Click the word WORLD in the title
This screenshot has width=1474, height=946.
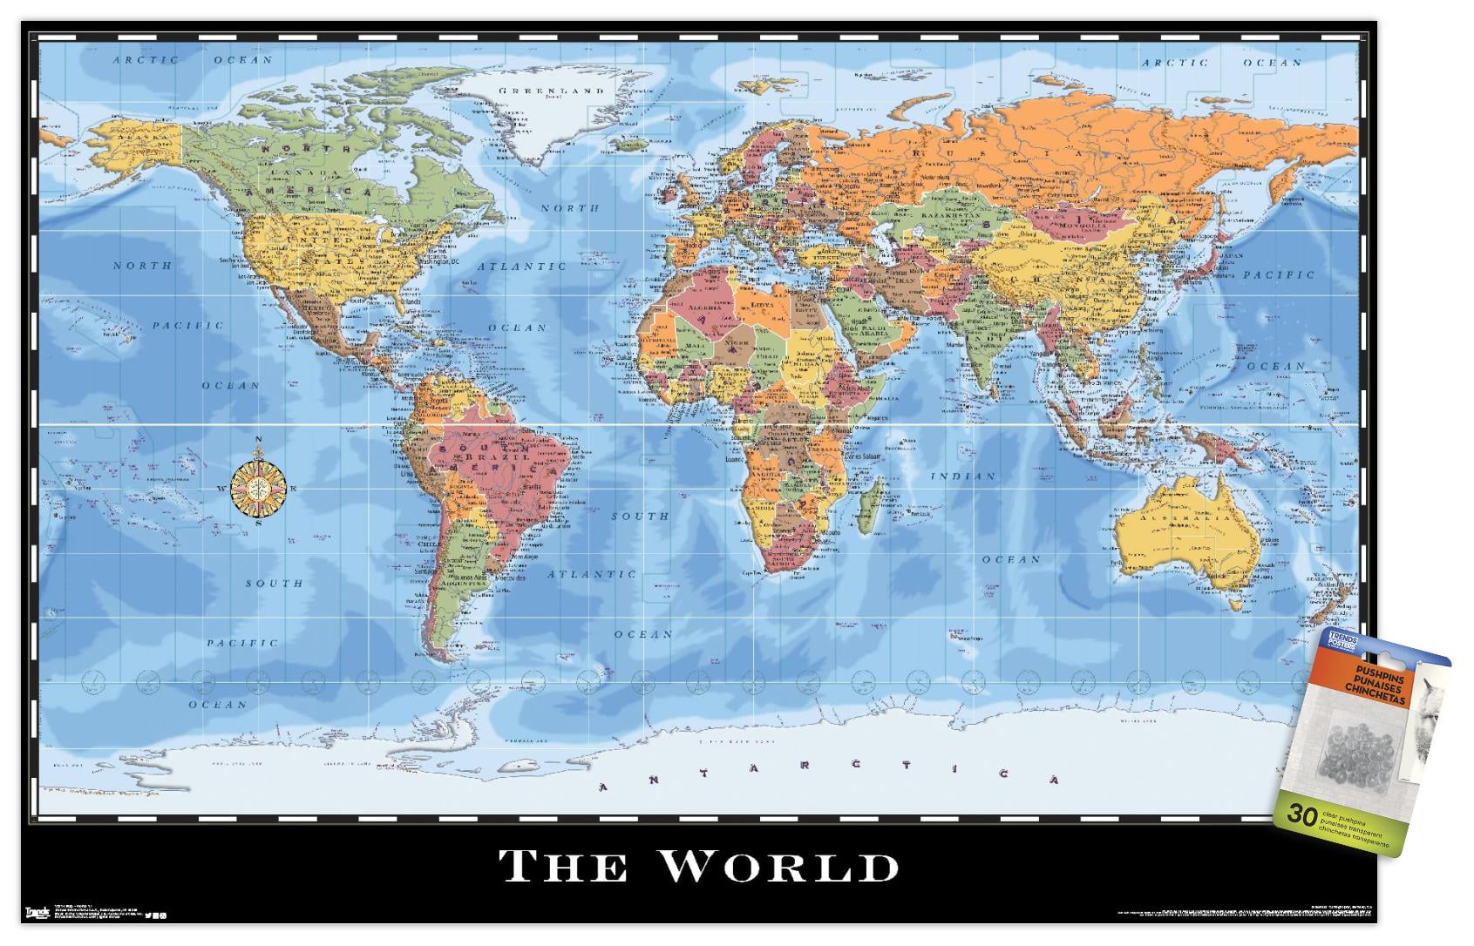tap(778, 866)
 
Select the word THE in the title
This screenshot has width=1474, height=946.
tap(562, 867)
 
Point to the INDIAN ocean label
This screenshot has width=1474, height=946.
tap(962, 476)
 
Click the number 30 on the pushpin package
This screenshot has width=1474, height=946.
tap(1303, 815)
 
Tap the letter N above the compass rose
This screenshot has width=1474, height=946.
tap(258, 439)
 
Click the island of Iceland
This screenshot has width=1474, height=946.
tap(629, 143)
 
